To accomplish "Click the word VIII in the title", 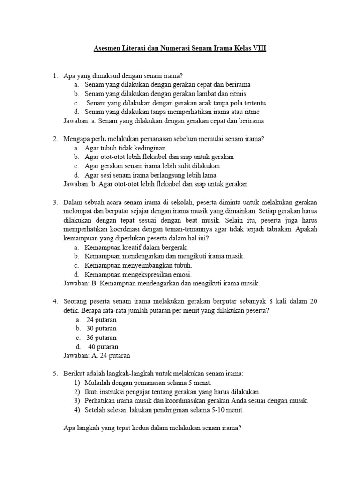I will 258,48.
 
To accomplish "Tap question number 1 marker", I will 55,75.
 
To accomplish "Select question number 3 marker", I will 55,202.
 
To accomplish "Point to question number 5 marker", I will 55,374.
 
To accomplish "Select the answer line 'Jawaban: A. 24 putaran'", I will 97,356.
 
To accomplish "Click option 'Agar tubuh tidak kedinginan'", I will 122,148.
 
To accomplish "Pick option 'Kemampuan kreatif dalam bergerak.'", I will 136,247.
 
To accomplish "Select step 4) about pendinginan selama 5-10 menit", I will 165,410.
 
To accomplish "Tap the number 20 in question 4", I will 314,301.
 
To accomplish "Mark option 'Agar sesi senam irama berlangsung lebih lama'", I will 146,175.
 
